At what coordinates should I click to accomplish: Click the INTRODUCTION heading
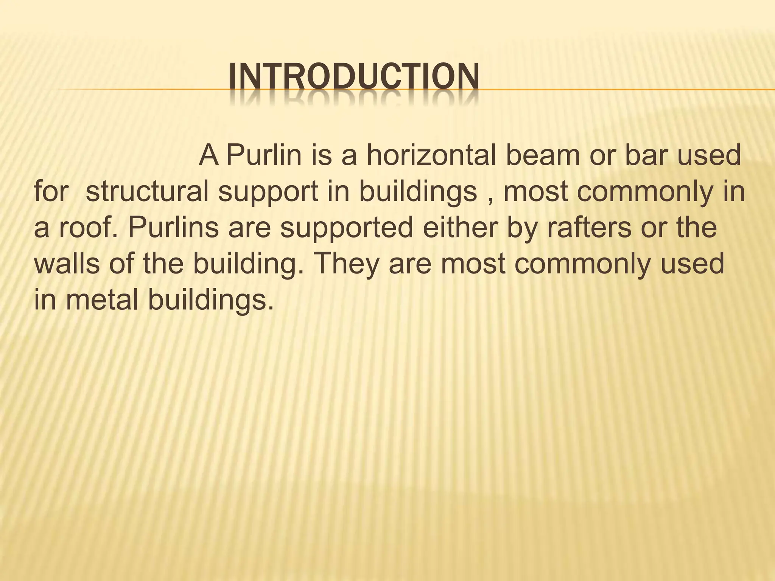pos(354,78)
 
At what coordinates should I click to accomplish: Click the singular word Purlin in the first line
pos(264,155)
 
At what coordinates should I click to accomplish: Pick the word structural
pos(147,191)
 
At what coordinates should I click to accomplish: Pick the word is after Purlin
pos(321,155)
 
